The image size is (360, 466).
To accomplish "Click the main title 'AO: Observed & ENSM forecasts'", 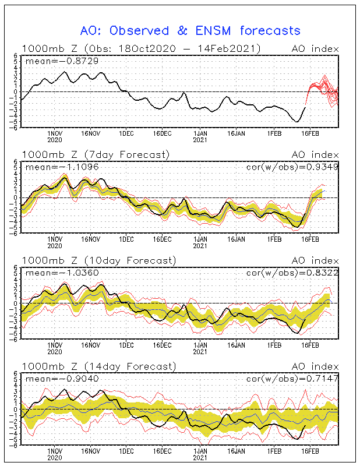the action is click(190, 31).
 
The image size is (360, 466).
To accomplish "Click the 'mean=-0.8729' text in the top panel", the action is click(62, 61).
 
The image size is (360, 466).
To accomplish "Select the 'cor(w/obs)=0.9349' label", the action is click(292, 167).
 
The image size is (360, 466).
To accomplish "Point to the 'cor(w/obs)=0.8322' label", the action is click(292, 273).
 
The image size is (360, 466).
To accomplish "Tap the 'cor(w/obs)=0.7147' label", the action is click(292, 379).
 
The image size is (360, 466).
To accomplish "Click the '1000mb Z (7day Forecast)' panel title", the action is click(96, 155).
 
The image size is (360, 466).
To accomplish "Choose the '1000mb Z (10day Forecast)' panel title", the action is click(99, 260).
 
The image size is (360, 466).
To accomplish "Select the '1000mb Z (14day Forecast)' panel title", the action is click(99, 366).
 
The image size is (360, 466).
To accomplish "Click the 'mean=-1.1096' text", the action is click(62, 167).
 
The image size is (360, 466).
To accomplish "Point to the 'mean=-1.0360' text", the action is click(62, 273).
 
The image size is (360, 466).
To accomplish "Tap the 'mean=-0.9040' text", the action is click(62, 379).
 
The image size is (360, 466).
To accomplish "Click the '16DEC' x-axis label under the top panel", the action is click(163, 133).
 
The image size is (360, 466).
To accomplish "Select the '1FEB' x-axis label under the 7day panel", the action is click(274, 239).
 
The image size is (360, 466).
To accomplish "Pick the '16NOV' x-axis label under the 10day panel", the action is click(91, 345).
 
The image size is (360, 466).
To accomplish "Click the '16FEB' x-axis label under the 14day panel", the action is click(310, 451).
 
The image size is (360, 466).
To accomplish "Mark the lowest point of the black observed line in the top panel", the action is click(297, 122).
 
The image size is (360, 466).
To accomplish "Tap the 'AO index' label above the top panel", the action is click(315, 49).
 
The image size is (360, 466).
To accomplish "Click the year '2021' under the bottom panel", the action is click(200, 457).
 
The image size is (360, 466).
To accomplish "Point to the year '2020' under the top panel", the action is click(55, 140).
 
